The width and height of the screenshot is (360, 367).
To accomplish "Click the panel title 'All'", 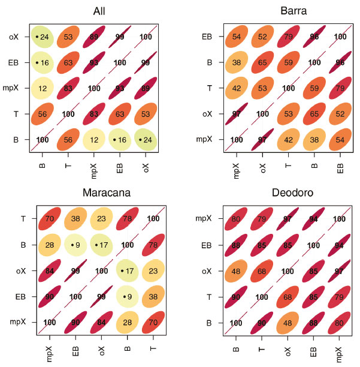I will click(x=101, y=11).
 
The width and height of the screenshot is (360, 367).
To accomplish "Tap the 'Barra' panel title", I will click(x=286, y=11).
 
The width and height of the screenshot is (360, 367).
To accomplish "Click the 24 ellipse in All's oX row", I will click(x=43, y=37).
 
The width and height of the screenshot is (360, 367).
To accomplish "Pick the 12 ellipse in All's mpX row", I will click(x=43, y=88).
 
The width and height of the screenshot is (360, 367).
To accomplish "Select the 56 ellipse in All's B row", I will click(x=68, y=140).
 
